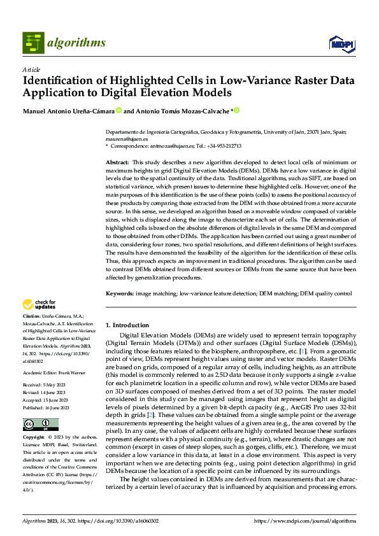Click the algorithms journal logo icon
(x=33, y=43)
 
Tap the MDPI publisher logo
(x=341, y=43)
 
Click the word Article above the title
(x=31, y=69)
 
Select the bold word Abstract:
(x=117, y=163)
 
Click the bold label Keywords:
(x=119, y=294)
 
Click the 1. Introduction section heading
(x=127, y=325)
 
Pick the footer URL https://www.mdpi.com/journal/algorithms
(x=305, y=521)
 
